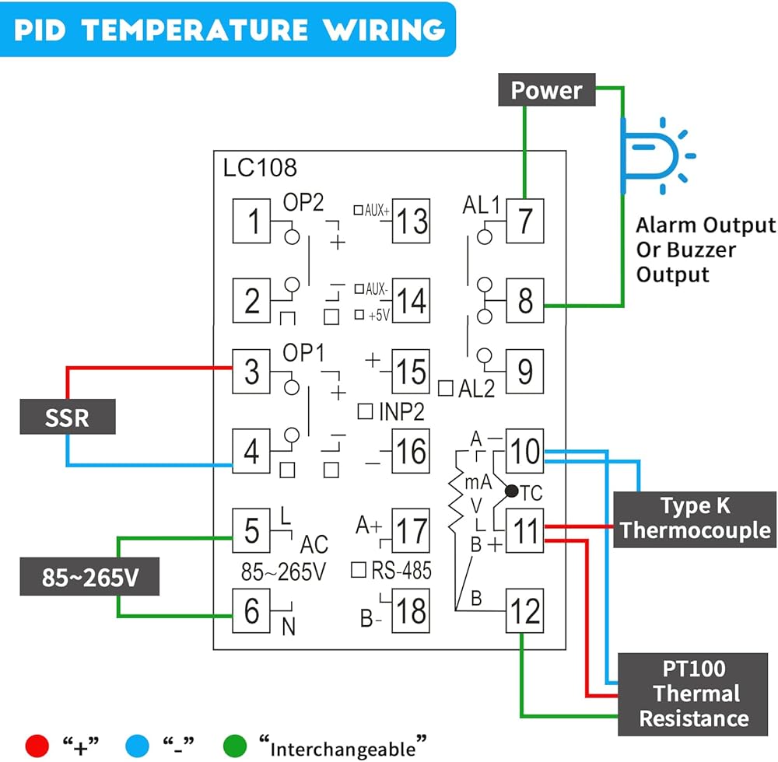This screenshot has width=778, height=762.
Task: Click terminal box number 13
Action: pos(410,221)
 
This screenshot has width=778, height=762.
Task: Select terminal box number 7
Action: pos(525,221)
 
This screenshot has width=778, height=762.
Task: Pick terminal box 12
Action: pos(525,610)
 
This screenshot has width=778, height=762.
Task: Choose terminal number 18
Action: pos(410,610)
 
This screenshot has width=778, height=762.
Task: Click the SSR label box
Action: pos(68,418)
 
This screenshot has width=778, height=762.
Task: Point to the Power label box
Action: pos(546,90)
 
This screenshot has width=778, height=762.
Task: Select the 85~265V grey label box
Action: pos(89,577)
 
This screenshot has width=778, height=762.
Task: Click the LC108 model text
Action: pos(260,166)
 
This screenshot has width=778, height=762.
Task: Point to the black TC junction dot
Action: pos(511,491)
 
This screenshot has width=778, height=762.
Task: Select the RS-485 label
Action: pos(401,571)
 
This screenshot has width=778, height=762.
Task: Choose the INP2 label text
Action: pos(400,410)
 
